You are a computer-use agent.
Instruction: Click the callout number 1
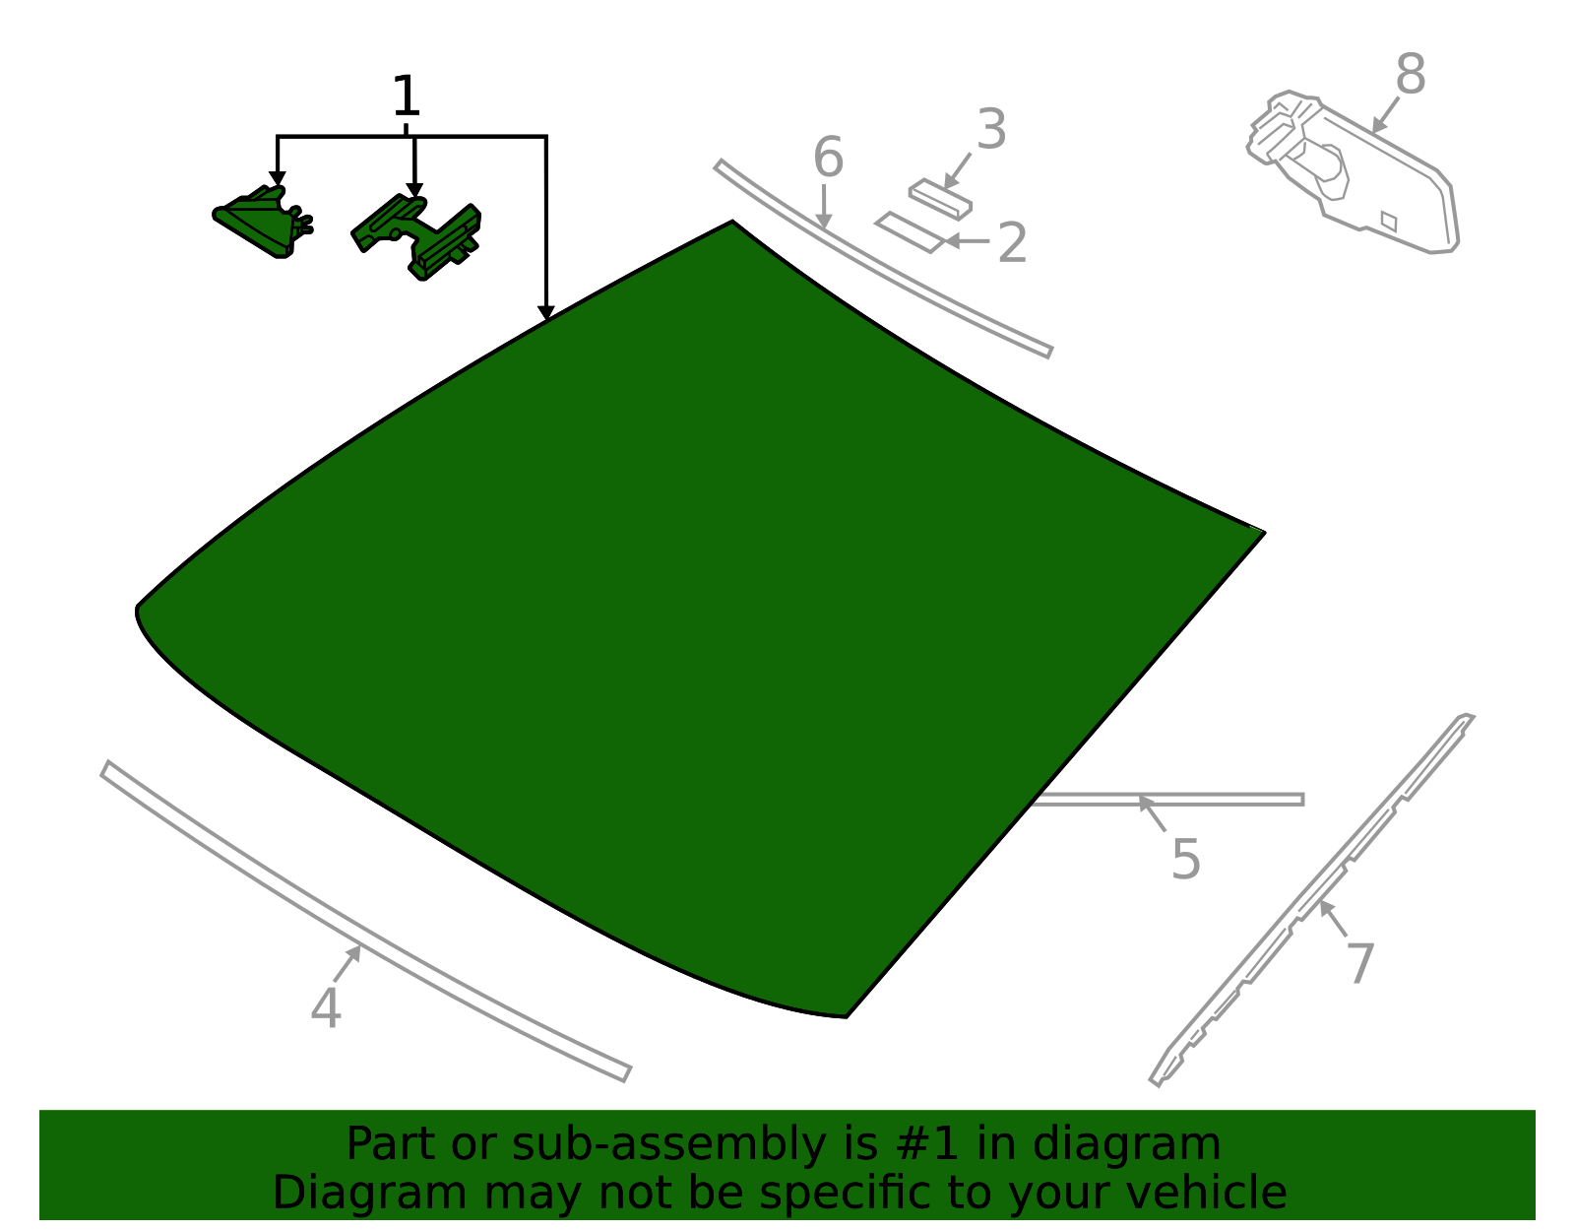pos(406,96)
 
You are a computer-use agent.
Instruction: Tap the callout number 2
pos(1013,243)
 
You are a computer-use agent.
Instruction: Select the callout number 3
pos(991,130)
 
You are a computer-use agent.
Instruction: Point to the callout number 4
pos(326,1008)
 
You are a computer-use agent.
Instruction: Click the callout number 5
pos(1186,860)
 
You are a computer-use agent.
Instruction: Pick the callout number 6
pos(829,158)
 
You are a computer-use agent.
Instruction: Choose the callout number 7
pos(1360,963)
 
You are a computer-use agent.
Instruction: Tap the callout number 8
pos(1411,74)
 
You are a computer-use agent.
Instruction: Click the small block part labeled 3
pos(940,199)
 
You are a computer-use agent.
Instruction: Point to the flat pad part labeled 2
pos(912,232)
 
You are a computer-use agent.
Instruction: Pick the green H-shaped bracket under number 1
pos(416,235)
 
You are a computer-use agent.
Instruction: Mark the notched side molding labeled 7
pos(1312,900)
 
